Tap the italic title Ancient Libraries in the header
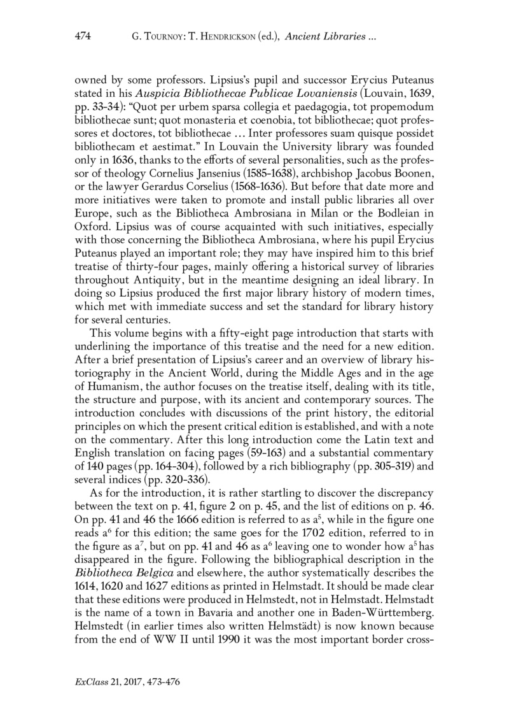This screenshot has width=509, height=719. click(x=323, y=37)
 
